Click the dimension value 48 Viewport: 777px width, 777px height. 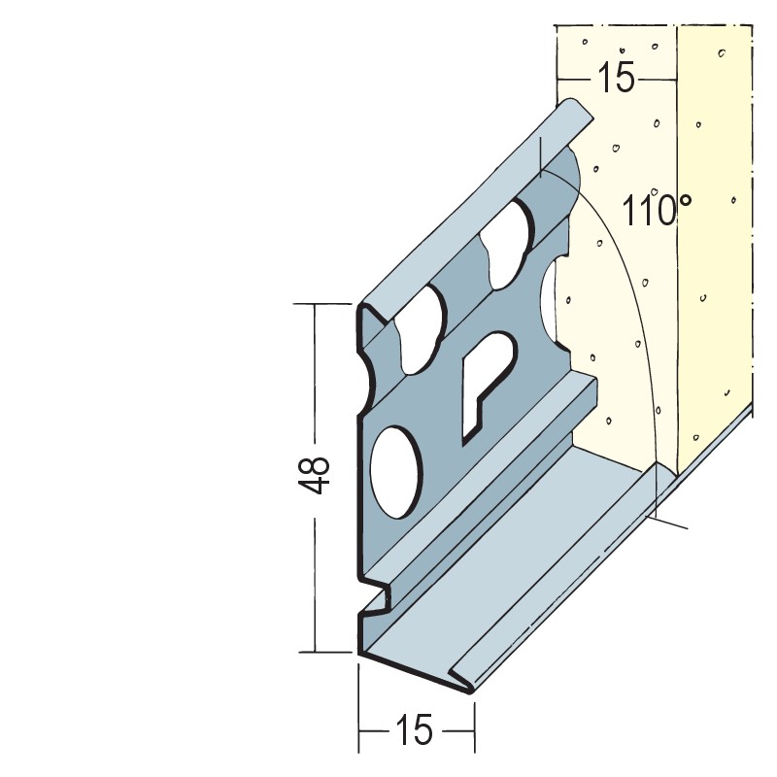pyautogui.click(x=315, y=475)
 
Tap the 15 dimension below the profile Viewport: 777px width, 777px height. pyautogui.click(x=415, y=730)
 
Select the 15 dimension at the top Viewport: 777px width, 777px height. pyautogui.click(x=616, y=78)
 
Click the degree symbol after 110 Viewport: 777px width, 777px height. pyautogui.click(x=685, y=200)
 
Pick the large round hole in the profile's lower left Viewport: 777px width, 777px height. pyautogui.click(x=396, y=472)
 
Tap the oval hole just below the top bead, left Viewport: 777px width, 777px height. pyautogui.click(x=421, y=330)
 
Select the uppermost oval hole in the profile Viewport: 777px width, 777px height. pyautogui.click(x=509, y=244)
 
